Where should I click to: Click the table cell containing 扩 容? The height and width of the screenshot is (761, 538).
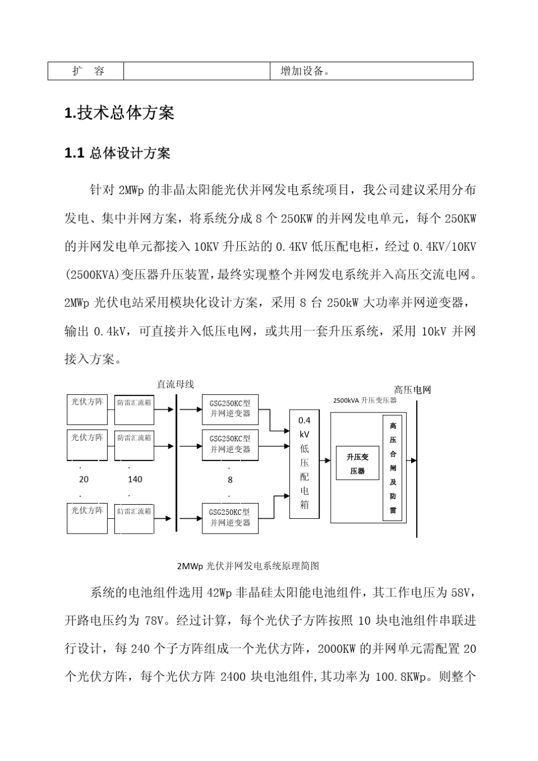pyautogui.click(x=86, y=71)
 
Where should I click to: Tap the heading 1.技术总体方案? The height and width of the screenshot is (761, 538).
pyautogui.click(x=119, y=113)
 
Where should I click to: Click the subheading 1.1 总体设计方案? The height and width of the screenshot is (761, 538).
pyautogui.click(x=117, y=153)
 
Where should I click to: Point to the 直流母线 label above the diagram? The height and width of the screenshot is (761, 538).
pyautogui.click(x=175, y=385)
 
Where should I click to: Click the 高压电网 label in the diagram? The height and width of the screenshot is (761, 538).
pyautogui.click(x=412, y=390)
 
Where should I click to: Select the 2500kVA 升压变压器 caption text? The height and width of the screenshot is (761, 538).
pyautogui.click(x=365, y=400)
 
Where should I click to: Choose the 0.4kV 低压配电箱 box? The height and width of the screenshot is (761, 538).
pyautogui.click(x=304, y=464)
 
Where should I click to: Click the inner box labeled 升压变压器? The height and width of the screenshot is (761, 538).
pyautogui.click(x=357, y=463)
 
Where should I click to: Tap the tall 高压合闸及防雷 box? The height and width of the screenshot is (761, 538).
pyautogui.click(x=392, y=468)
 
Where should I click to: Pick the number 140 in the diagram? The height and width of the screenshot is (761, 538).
pyautogui.click(x=135, y=479)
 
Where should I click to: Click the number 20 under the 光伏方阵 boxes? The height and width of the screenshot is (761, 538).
pyautogui.click(x=84, y=479)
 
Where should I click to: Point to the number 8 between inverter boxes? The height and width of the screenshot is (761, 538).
pyautogui.click(x=230, y=480)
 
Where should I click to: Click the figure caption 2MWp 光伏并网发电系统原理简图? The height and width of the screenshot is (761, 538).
pyautogui.click(x=248, y=566)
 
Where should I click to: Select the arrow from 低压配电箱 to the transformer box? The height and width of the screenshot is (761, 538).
pyautogui.click(x=324, y=461)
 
